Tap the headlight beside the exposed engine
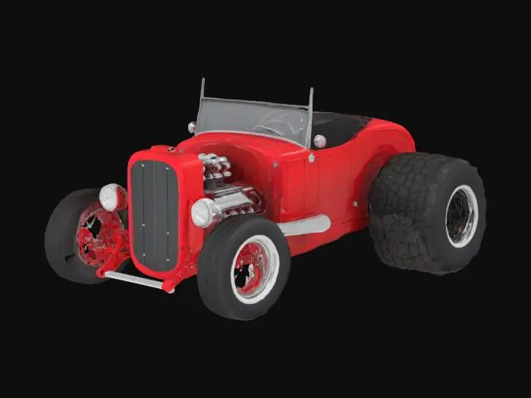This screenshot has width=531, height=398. tap(202, 213)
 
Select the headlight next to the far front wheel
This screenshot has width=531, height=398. tap(112, 197)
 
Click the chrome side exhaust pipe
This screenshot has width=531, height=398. tap(304, 225)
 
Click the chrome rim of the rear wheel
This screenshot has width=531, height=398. tap(461, 216)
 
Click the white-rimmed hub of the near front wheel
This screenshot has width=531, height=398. tap(254, 269)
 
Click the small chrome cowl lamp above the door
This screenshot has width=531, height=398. tap(319, 141)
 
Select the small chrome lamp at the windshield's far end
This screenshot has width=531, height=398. tap(192, 127)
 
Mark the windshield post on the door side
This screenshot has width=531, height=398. tap(309, 118)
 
